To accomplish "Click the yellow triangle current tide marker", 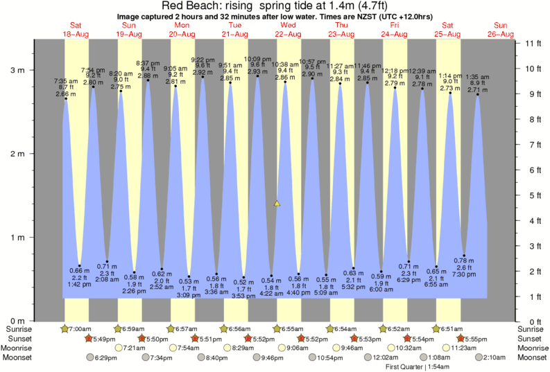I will tap(277, 204).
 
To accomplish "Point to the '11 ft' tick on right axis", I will tap(531, 44).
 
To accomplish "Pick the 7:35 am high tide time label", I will tap(66, 80).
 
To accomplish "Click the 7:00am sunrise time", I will tap(81, 328).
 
